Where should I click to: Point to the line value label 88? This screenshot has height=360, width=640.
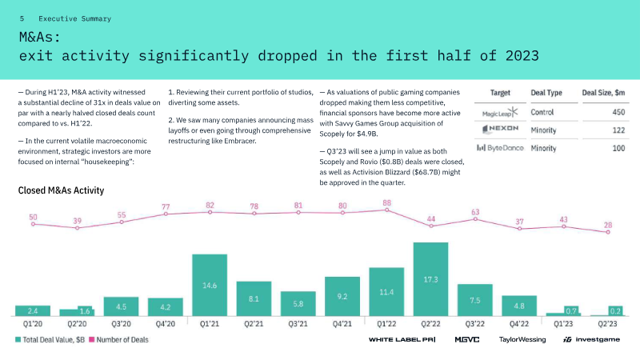click(x=387, y=203)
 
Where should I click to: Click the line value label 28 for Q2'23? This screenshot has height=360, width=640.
click(x=608, y=224)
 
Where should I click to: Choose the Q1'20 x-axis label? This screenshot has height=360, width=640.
click(x=33, y=325)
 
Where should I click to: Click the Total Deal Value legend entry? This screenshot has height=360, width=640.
click(x=50, y=339)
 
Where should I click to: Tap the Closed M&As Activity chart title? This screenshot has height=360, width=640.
click(x=61, y=190)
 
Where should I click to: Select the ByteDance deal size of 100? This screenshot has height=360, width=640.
click(x=618, y=148)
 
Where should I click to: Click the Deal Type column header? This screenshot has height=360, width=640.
click(x=550, y=93)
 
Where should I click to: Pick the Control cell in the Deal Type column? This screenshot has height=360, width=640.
click(x=544, y=112)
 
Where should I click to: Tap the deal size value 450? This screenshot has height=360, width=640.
click(x=618, y=112)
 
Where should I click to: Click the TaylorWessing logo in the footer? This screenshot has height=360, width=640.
click(x=522, y=339)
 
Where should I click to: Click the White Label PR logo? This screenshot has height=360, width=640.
click(x=401, y=339)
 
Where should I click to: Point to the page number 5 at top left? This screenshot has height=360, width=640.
click(x=22, y=18)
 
